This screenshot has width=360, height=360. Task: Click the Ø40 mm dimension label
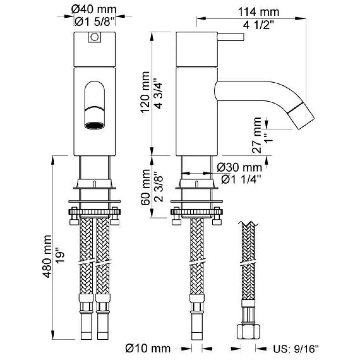coord(94,10)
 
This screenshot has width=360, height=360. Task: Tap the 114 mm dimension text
coord(259,12)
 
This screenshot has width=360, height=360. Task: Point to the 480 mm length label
coord(47,257)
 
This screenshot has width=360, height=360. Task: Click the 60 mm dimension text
coord(145,187)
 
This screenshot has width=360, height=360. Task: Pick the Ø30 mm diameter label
coord(240,168)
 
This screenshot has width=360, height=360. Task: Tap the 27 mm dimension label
coord(257,135)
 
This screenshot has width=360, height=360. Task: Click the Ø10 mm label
coord(148,349)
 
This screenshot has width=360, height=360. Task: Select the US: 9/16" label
coord(296,349)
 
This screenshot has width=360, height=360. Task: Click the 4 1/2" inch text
coord(258,25)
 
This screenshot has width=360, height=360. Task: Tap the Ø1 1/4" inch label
coord(241,180)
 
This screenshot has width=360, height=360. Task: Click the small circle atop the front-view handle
coord(94,37)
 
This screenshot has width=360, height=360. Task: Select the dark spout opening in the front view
coord(95,125)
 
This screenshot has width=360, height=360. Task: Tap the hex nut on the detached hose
coord(248,332)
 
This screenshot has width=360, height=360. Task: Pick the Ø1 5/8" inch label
coord(94,22)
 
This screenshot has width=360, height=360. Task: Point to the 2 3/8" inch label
coord(159,187)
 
